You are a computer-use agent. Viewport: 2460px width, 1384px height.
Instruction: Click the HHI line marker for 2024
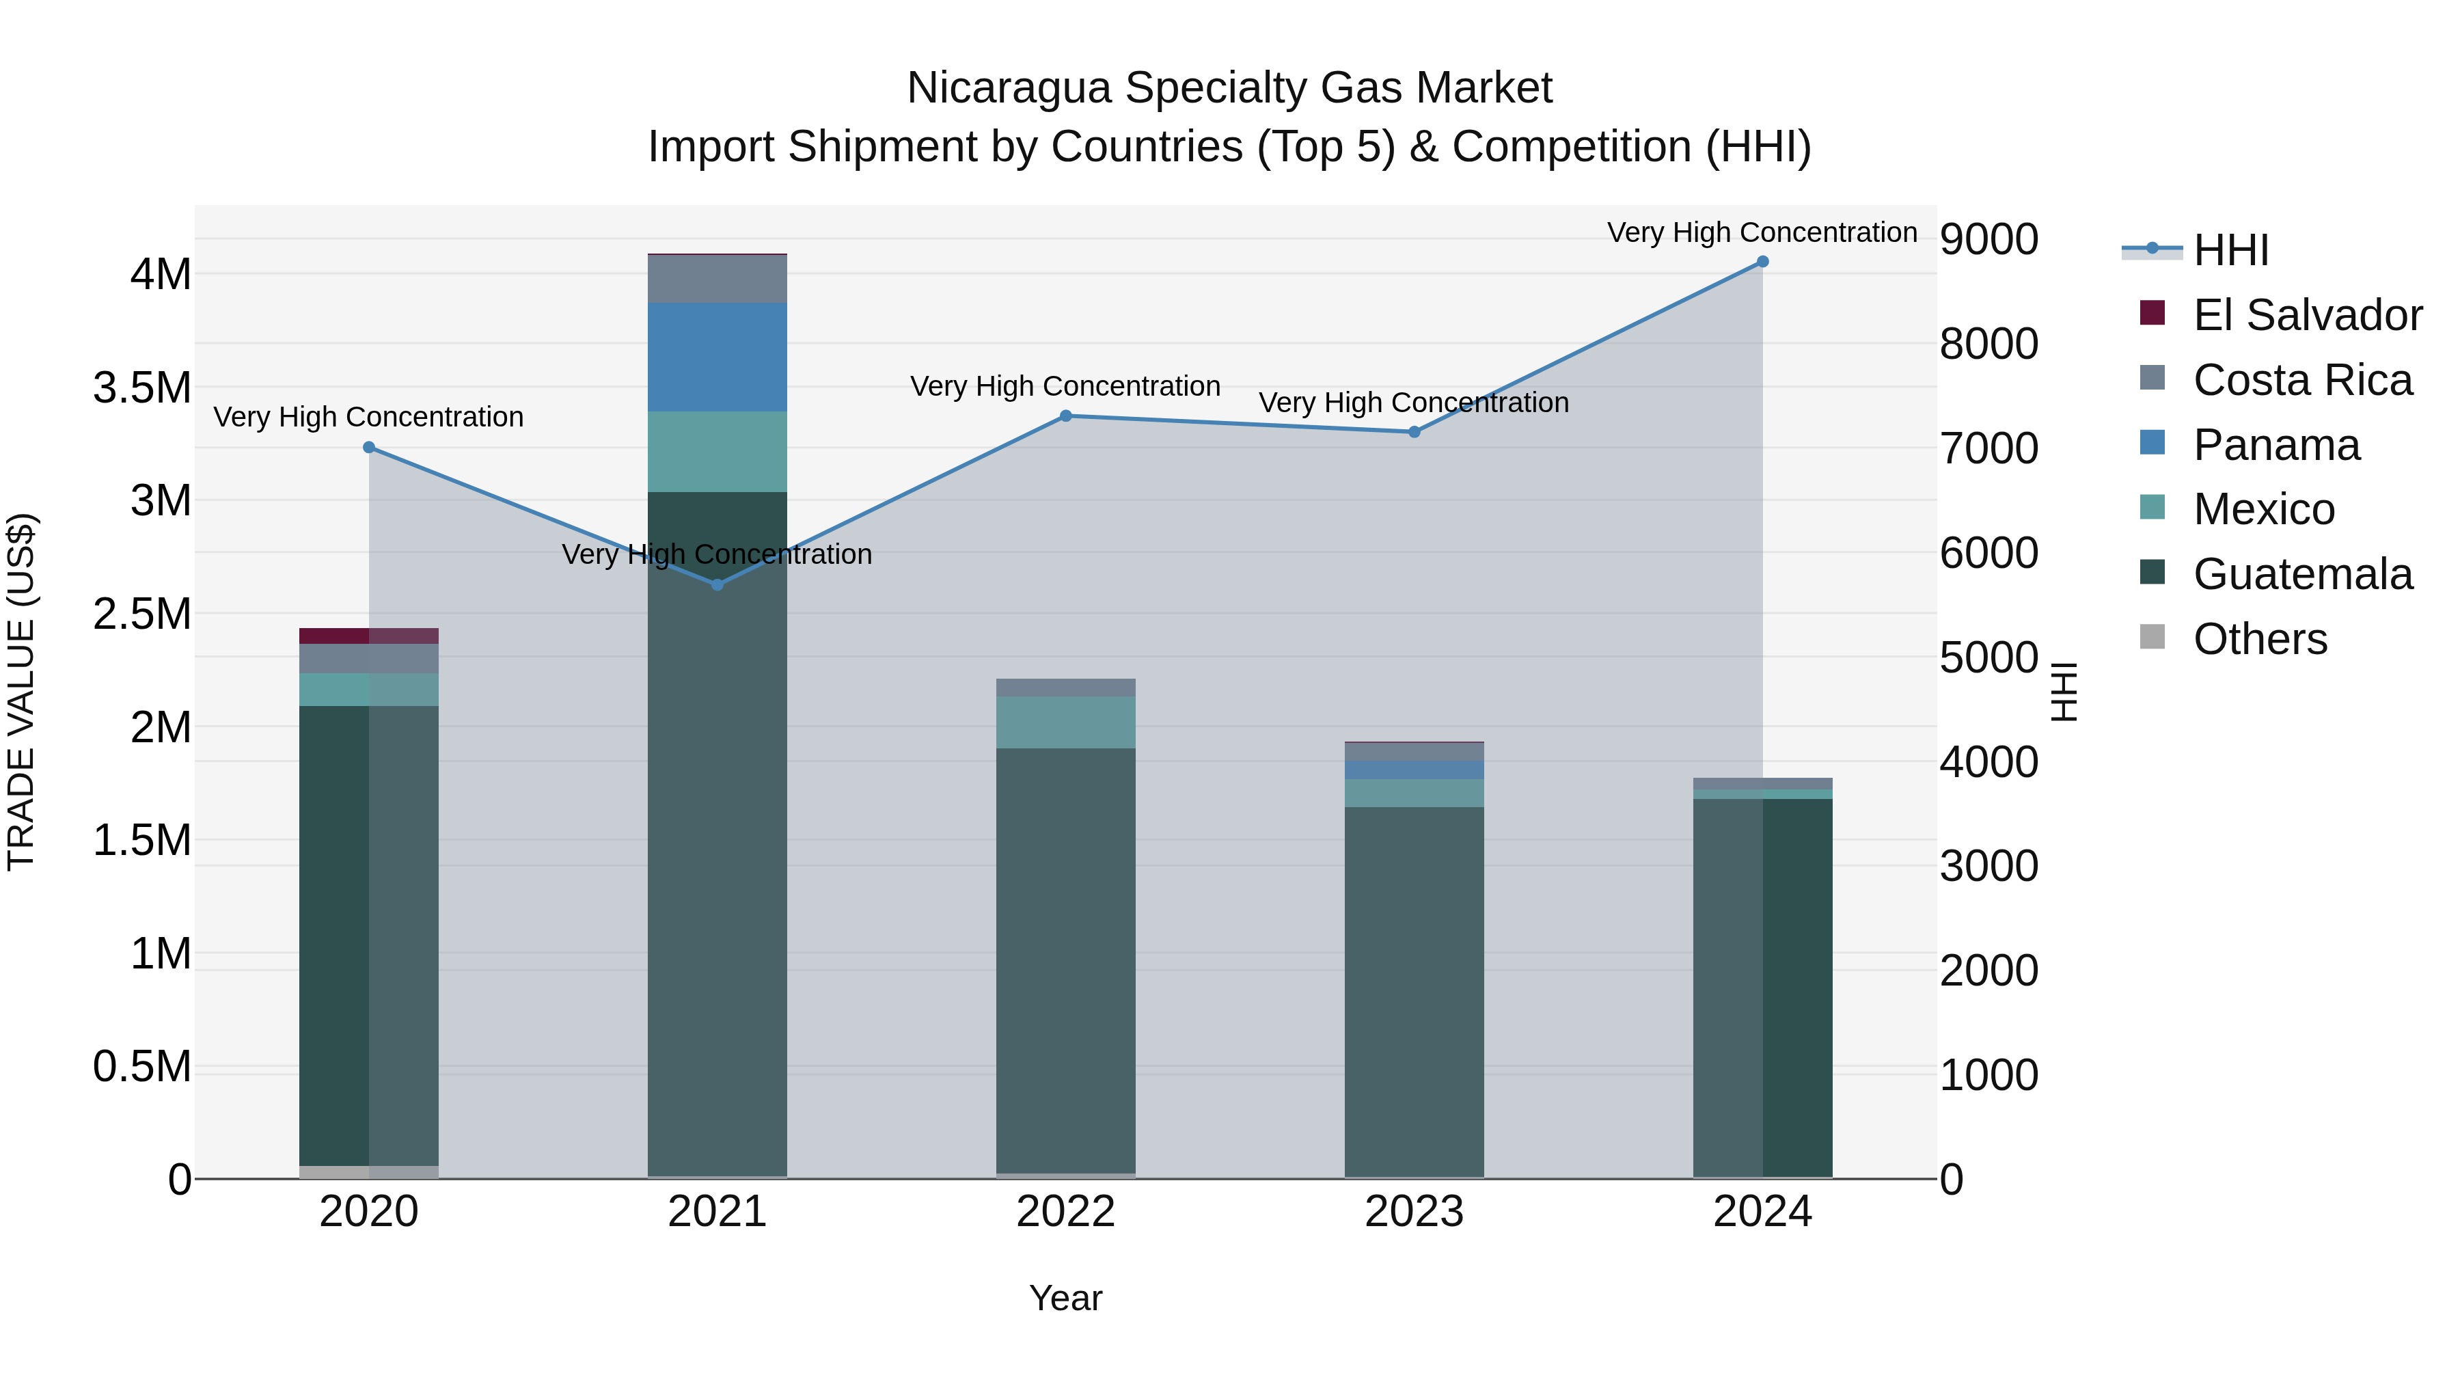click(x=1762, y=262)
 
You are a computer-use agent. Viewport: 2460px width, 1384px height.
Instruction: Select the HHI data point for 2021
click(x=717, y=584)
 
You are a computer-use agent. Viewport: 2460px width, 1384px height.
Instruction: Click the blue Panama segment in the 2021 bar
click(x=717, y=357)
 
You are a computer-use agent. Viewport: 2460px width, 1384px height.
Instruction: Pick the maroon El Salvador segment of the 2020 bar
click(x=368, y=636)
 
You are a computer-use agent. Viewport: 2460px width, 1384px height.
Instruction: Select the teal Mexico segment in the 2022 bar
click(x=1066, y=722)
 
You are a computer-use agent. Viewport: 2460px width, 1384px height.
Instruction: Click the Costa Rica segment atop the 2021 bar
click(x=717, y=279)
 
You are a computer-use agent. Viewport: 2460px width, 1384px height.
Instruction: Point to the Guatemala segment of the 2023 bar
click(x=1414, y=993)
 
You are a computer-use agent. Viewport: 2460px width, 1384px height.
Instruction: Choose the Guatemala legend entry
click(x=2302, y=574)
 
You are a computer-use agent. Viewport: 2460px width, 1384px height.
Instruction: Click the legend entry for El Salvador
click(x=2307, y=315)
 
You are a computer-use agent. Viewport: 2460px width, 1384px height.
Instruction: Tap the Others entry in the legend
click(x=2260, y=639)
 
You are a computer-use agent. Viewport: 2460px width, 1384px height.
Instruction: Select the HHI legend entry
click(x=2231, y=250)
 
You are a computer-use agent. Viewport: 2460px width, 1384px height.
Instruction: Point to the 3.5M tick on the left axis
click(x=142, y=388)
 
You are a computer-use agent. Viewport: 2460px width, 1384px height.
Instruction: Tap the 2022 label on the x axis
click(x=1066, y=1212)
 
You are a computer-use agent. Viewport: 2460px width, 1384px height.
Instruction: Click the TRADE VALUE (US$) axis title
click(x=21, y=692)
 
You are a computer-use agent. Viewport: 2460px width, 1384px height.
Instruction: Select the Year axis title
click(x=1066, y=1298)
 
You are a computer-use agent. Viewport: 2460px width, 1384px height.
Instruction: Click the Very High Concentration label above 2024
click(x=1762, y=232)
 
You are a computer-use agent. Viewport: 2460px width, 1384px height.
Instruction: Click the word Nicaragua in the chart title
click(x=1009, y=88)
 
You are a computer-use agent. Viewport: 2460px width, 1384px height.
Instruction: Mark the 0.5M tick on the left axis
click(x=142, y=1067)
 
